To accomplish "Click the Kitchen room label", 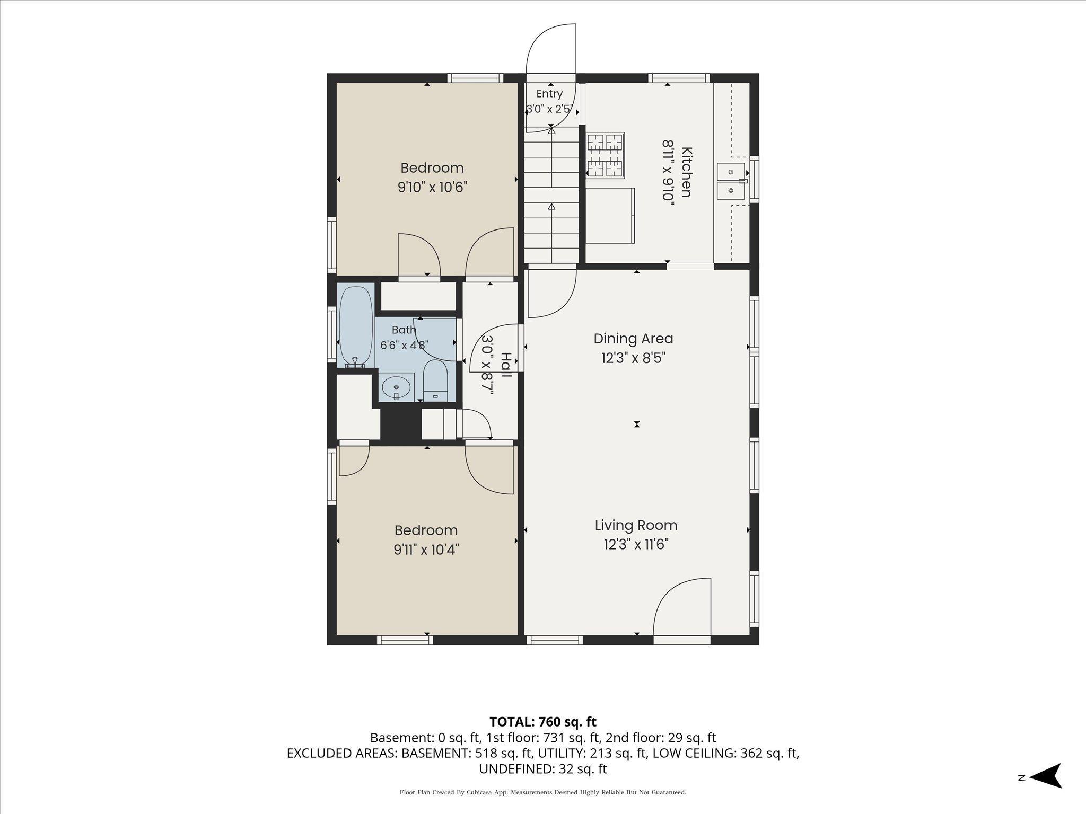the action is pyautogui.click(x=686, y=172).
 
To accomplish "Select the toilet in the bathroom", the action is pyautogui.click(x=436, y=381).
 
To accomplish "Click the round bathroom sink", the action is pyautogui.click(x=397, y=387).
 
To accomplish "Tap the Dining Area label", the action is pyautogui.click(x=633, y=338).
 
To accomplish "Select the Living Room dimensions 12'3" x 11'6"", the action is pyautogui.click(x=636, y=545).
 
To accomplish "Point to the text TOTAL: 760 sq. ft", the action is pyautogui.click(x=542, y=722).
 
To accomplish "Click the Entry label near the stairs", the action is pyautogui.click(x=549, y=94).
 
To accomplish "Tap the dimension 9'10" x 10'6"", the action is pyautogui.click(x=432, y=188).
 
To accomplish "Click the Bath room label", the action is pyautogui.click(x=404, y=330).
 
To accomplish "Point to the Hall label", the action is pyautogui.click(x=506, y=365).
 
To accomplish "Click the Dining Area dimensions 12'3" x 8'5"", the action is pyautogui.click(x=633, y=358).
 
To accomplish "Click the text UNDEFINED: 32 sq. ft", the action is pyautogui.click(x=543, y=768).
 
